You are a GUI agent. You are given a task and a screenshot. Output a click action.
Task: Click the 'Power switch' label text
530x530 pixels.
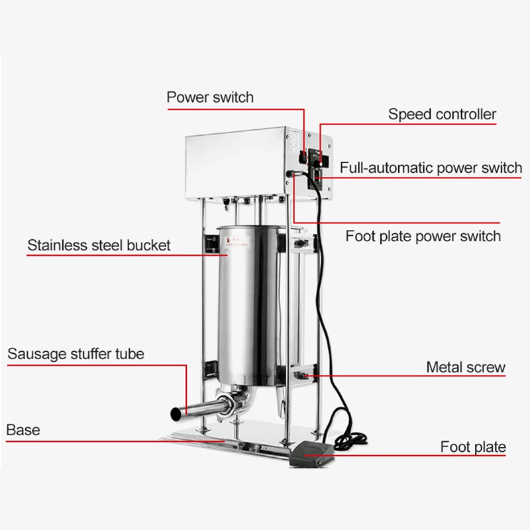(x=209, y=97)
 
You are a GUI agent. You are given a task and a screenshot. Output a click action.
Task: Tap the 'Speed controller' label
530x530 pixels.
(x=442, y=114)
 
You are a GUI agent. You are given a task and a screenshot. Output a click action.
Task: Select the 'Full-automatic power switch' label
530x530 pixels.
(x=431, y=168)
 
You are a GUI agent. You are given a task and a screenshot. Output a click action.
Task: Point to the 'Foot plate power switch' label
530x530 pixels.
(x=423, y=235)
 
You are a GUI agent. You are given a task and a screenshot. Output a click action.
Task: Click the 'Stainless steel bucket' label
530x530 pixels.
(x=99, y=245)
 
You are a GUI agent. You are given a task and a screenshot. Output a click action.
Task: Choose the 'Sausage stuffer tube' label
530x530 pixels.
(x=76, y=353)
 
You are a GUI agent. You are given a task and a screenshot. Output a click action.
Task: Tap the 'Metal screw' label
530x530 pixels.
(x=466, y=366)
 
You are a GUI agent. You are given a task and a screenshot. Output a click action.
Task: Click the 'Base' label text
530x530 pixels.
(x=23, y=429)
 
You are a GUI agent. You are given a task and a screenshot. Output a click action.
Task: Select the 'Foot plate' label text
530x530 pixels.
(x=473, y=447)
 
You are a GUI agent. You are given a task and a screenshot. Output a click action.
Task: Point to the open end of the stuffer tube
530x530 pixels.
(x=177, y=413)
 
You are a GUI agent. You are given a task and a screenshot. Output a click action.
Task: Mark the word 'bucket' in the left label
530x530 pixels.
(x=147, y=245)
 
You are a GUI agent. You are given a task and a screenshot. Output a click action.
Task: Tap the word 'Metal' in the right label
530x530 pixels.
(x=445, y=366)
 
